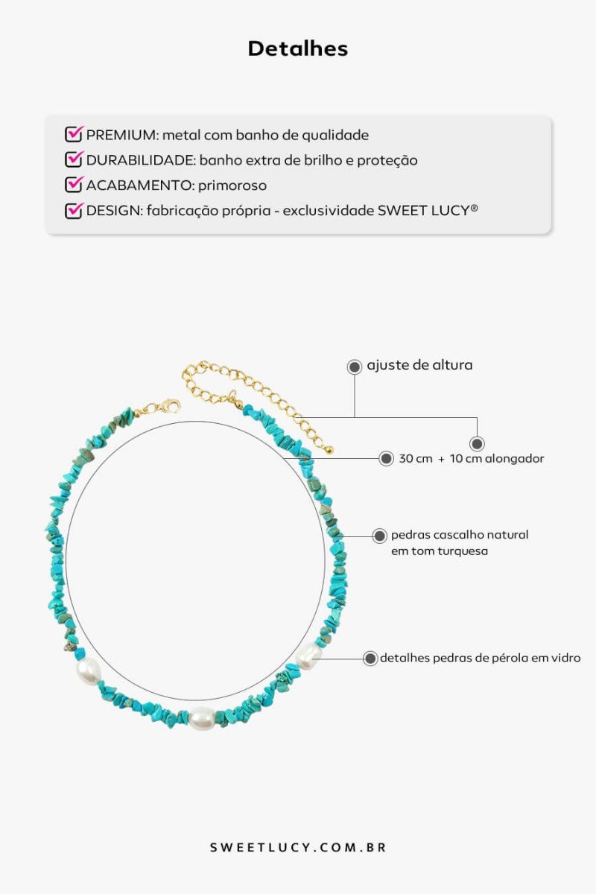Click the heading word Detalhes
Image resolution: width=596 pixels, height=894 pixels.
298,48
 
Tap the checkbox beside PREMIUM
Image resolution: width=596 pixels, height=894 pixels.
74,134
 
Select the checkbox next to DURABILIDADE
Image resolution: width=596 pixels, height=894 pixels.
74,159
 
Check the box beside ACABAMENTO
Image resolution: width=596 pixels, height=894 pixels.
74,185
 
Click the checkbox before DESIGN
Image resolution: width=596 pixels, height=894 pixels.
74,210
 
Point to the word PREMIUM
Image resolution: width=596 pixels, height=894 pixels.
123,136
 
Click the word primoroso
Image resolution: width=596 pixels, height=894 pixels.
232,186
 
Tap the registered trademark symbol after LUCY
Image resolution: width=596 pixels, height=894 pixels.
474,208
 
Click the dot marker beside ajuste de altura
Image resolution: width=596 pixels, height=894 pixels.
354,367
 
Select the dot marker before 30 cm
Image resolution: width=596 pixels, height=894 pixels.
386,459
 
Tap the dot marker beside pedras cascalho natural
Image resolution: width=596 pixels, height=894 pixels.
379,536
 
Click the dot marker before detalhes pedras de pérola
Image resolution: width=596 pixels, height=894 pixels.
370,658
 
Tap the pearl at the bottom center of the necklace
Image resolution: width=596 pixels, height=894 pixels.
202,718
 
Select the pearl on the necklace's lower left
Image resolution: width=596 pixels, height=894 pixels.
88,670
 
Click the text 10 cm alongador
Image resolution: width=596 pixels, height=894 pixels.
497,459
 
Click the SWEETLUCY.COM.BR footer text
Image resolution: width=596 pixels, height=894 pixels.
298,847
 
